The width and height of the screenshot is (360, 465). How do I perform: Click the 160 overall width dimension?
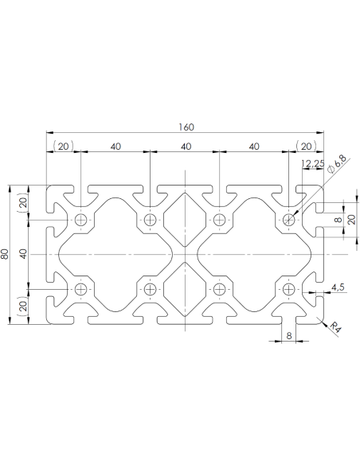(186, 127)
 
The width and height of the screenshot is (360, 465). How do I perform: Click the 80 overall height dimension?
(6, 255)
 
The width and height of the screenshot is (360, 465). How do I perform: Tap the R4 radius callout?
(335, 325)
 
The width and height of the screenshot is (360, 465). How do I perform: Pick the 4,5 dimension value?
(337, 287)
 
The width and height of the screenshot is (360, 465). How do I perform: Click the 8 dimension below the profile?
(289, 336)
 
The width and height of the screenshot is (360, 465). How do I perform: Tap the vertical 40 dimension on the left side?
(23, 254)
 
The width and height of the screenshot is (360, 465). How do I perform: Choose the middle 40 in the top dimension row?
(185, 146)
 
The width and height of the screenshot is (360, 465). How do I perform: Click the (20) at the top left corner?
(63, 146)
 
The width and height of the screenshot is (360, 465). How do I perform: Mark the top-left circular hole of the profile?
(81, 220)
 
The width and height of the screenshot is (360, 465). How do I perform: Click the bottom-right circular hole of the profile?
(288, 290)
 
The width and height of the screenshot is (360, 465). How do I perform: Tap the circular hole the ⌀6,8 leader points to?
(288, 220)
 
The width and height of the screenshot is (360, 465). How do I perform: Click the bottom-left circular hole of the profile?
(81, 290)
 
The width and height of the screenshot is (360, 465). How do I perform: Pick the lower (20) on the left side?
(23, 306)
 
